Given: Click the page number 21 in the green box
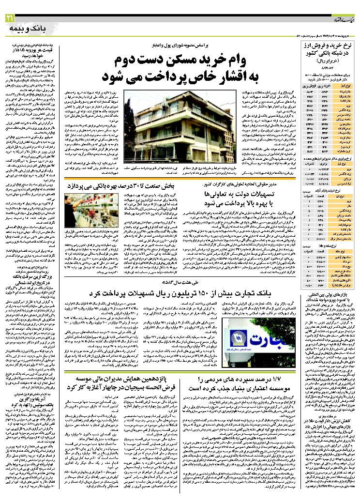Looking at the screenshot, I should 10,19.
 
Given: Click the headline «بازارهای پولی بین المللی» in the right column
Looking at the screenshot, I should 328,293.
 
